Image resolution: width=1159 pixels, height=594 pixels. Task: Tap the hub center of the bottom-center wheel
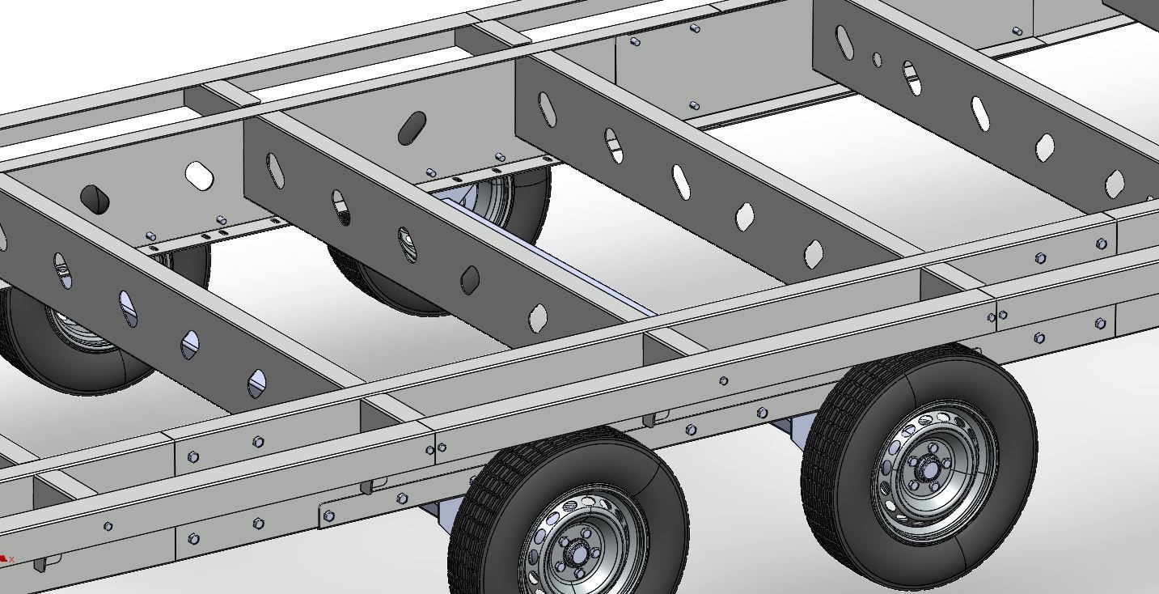pos(577,554)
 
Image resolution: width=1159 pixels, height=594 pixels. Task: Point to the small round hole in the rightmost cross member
pos(878,59)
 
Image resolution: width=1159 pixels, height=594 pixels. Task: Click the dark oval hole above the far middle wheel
pos(412,128)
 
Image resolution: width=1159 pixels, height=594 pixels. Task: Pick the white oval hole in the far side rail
pos(198,175)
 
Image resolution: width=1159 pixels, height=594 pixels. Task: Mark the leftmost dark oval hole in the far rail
pos(95,199)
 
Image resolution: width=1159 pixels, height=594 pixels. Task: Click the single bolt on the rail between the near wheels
pos(723,380)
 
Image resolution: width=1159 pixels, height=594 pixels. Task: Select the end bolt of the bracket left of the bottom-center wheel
pos(328,516)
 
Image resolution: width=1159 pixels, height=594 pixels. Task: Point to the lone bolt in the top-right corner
pos(1017,32)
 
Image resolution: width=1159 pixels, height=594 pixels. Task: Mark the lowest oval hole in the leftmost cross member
pos(256,383)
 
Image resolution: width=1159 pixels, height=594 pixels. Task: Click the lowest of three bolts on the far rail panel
pos(694,106)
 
